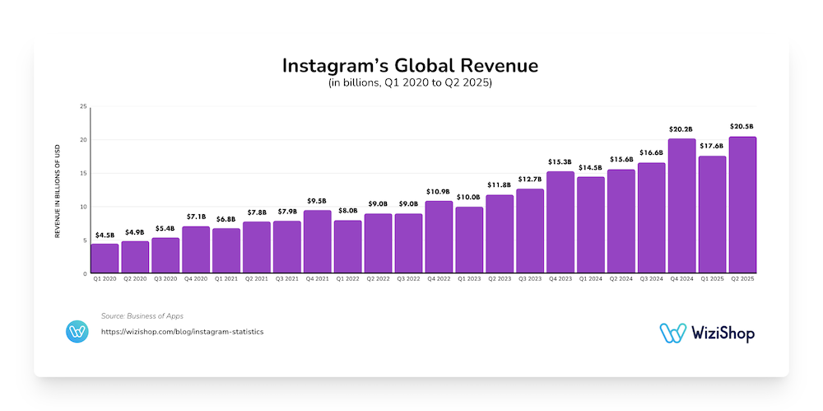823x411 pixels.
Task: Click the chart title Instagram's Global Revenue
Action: (x=410, y=65)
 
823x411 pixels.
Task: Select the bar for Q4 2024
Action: (x=682, y=206)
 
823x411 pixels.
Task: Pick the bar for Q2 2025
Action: (x=742, y=205)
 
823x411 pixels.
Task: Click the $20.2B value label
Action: (x=682, y=129)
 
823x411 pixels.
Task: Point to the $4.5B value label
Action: (x=105, y=235)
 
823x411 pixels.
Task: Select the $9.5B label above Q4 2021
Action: (x=317, y=201)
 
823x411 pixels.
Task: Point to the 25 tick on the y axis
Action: (x=83, y=106)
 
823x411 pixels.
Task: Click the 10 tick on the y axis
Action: (x=83, y=207)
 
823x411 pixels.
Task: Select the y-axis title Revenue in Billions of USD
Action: (x=58, y=192)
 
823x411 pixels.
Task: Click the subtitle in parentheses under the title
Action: (x=410, y=83)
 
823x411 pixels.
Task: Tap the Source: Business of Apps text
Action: (x=142, y=316)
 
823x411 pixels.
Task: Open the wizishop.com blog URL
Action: (x=182, y=332)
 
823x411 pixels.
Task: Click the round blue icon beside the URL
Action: (x=77, y=332)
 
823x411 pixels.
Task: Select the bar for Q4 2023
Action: (x=560, y=222)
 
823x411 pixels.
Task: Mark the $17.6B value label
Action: (x=712, y=147)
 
